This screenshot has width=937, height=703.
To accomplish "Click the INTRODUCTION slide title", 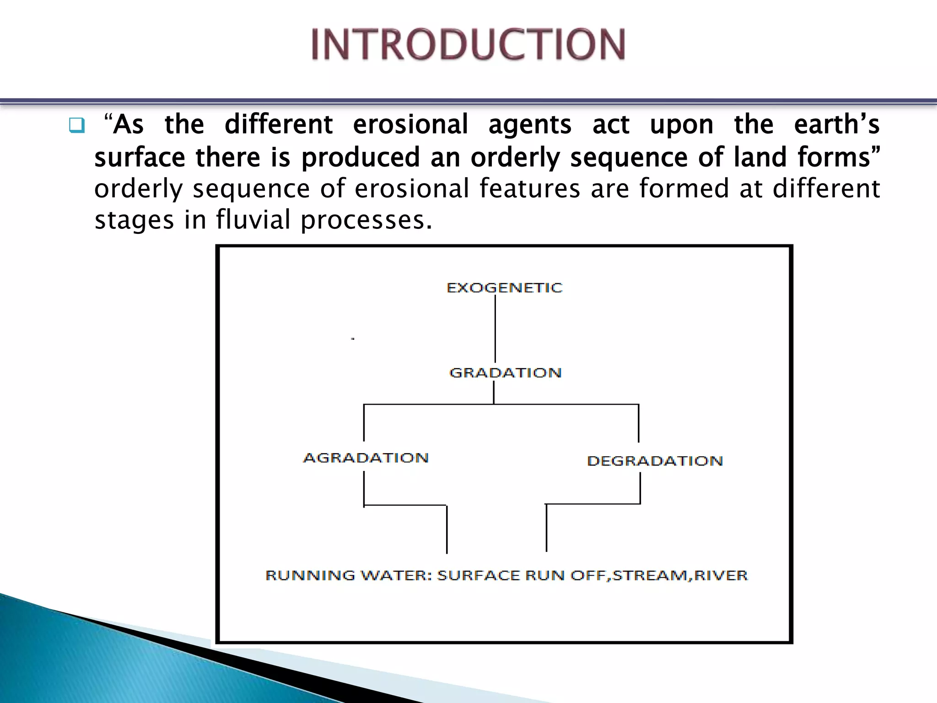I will coord(468,44).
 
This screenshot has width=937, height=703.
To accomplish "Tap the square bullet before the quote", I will coord(76,125).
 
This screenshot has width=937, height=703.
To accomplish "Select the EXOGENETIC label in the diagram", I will coord(504,288).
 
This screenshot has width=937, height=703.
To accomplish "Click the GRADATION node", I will coord(505,373).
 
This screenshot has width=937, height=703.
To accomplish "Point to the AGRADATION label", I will coord(366,458).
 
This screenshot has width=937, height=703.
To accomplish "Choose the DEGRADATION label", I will coord(655,461).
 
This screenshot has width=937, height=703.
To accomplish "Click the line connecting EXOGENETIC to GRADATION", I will coord(495,330).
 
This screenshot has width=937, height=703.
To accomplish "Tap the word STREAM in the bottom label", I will coord(650,575).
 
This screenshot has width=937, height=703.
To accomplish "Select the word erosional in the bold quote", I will coord(410,124).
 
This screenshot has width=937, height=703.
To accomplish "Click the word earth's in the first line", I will coord(836,124).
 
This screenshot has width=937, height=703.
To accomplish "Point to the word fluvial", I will coord(253,220).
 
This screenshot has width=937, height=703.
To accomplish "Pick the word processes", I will coord(366,221).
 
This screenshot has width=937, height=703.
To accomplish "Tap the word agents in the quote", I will coord(530,125).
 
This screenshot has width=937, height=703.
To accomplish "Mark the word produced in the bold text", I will coord(361,158).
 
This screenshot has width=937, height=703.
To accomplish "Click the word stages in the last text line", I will coord(134,221).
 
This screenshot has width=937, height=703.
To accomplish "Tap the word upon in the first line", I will coord(681,125).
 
